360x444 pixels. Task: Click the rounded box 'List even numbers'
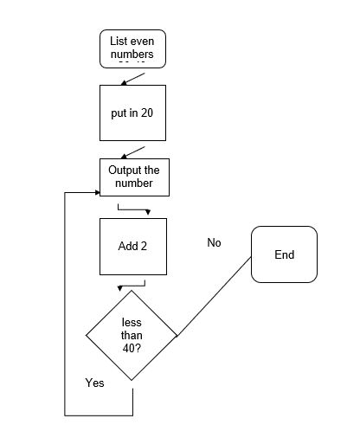(x=132, y=48)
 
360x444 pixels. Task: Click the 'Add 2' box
(x=132, y=247)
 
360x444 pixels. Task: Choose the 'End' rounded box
(x=284, y=254)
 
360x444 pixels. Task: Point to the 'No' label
(x=214, y=242)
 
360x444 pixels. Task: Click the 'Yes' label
(x=94, y=382)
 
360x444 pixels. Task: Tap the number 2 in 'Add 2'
(x=144, y=247)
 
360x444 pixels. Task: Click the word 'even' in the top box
(x=145, y=42)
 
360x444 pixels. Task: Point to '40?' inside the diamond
(x=132, y=348)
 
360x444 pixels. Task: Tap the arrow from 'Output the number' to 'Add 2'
(x=134, y=209)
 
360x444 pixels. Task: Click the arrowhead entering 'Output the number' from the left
(x=95, y=190)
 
